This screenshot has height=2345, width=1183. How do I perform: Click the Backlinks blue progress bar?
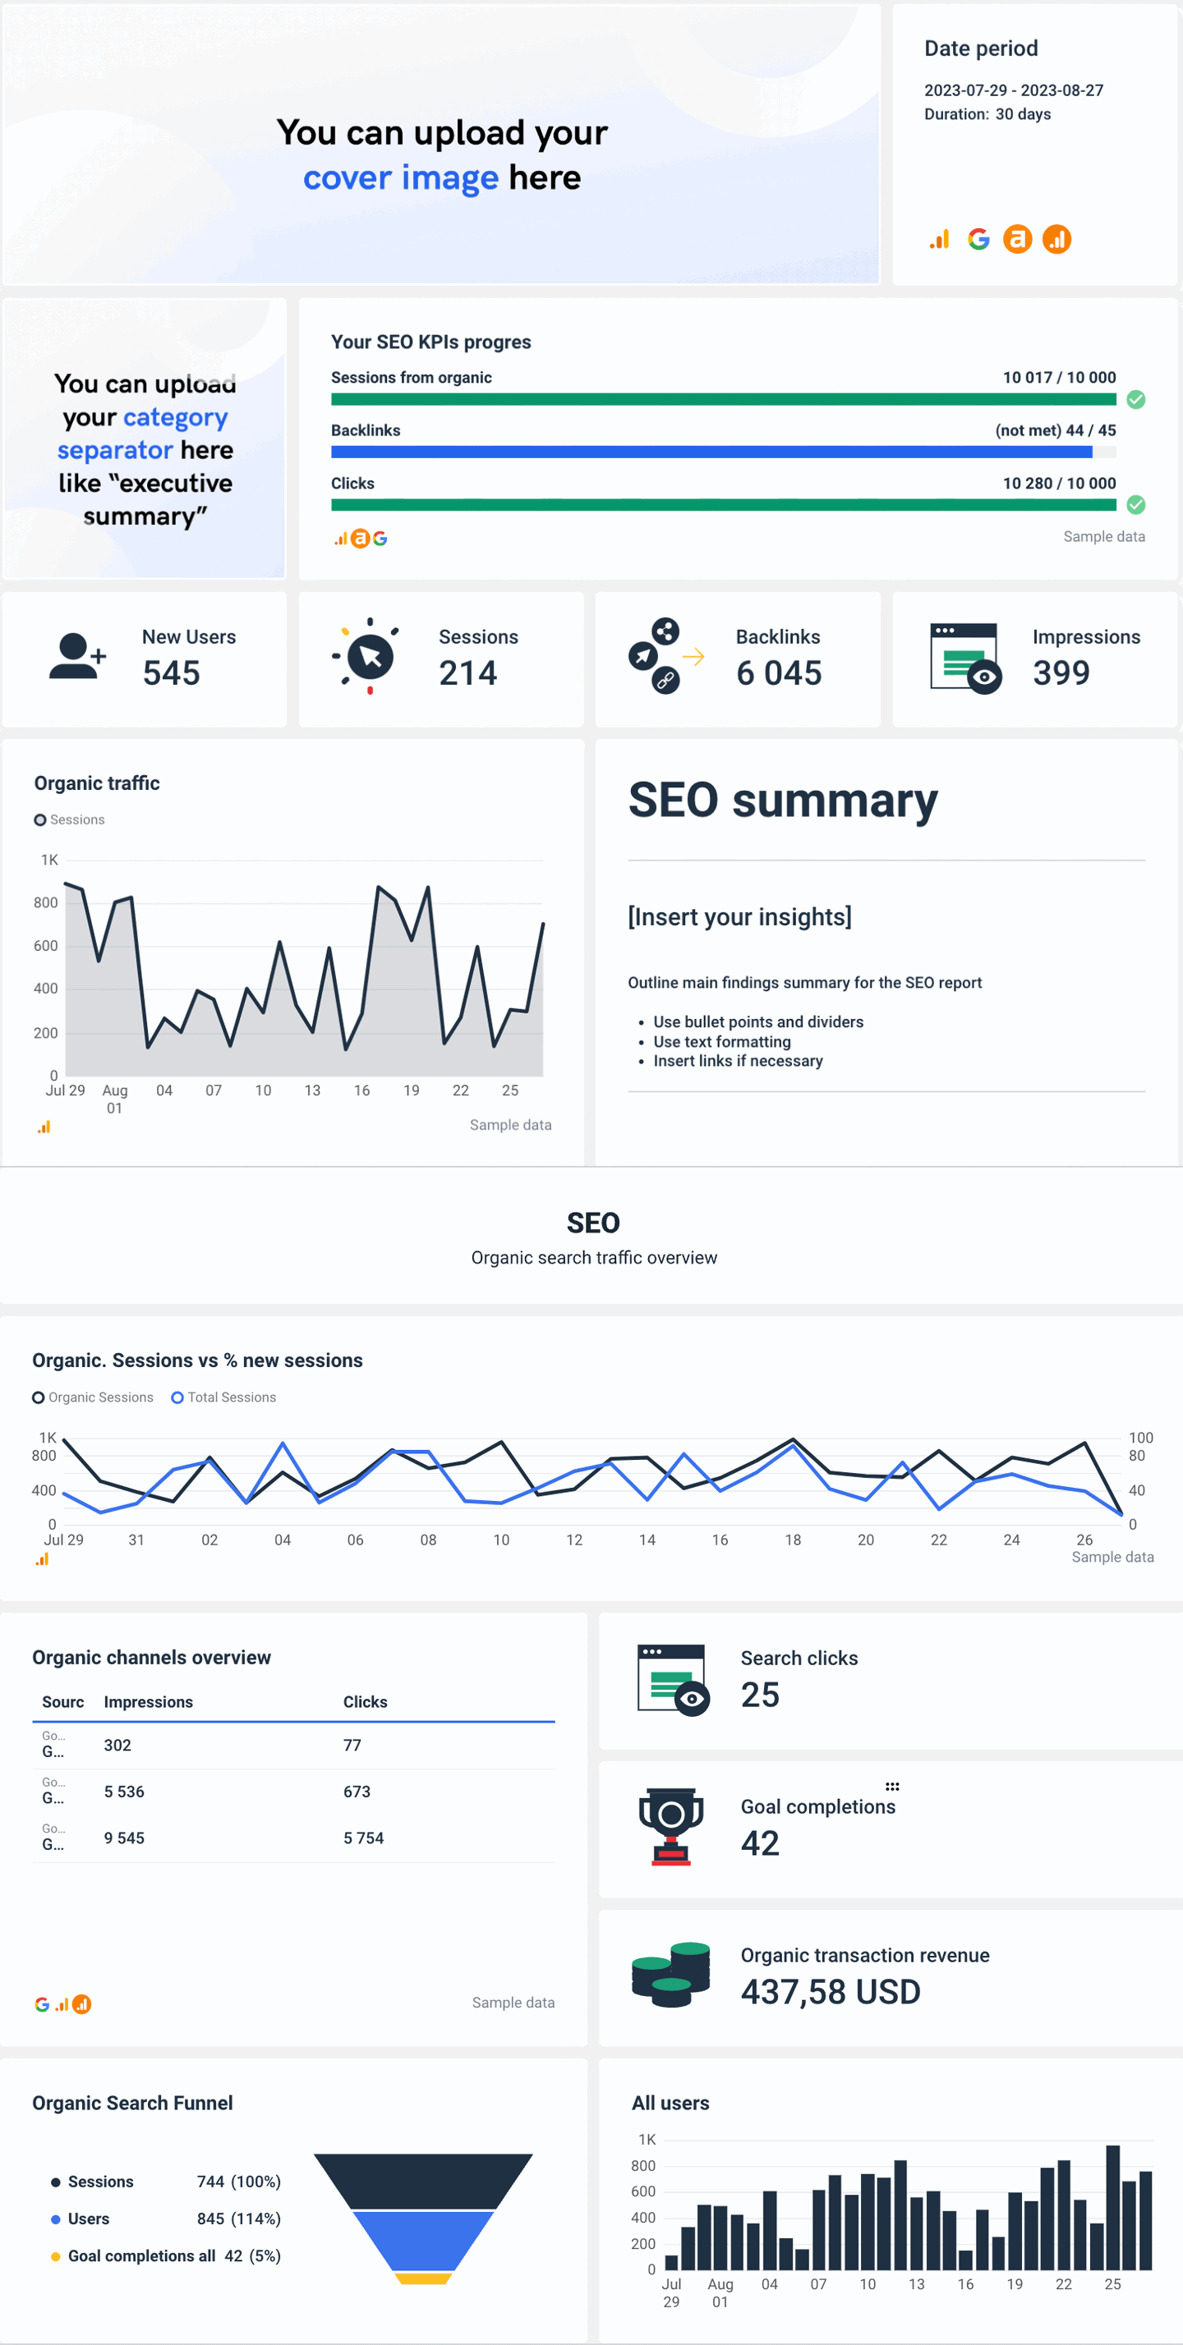(x=711, y=452)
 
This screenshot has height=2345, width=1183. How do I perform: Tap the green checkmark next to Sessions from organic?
(x=1135, y=399)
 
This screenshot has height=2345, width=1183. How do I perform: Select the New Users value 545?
(x=171, y=672)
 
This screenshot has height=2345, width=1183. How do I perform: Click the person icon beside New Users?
(x=76, y=656)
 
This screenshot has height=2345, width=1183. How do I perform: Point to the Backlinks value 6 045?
(x=779, y=672)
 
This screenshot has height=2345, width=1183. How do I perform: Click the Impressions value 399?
(x=1061, y=672)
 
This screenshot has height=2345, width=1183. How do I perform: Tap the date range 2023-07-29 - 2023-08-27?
(x=1014, y=90)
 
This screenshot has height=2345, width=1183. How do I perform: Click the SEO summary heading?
(x=782, y=801)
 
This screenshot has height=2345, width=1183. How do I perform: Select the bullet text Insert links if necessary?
(x=738, y=1061)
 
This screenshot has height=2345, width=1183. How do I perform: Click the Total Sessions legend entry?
(x=224, y=1397)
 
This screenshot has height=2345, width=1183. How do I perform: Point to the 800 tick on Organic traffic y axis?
(x=45, y=902)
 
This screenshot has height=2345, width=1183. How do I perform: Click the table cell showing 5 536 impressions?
(x=124, y=1792)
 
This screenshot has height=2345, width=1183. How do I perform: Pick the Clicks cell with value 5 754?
(x=363, y=1838)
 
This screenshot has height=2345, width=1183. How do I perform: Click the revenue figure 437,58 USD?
(x=831, y=1992)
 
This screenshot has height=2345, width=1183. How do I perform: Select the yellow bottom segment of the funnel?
(x=422, y=2278)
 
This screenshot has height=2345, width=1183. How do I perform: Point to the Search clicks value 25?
(x=760, y=1695)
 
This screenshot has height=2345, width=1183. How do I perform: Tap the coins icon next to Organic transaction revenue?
(x=671, y=1975)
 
